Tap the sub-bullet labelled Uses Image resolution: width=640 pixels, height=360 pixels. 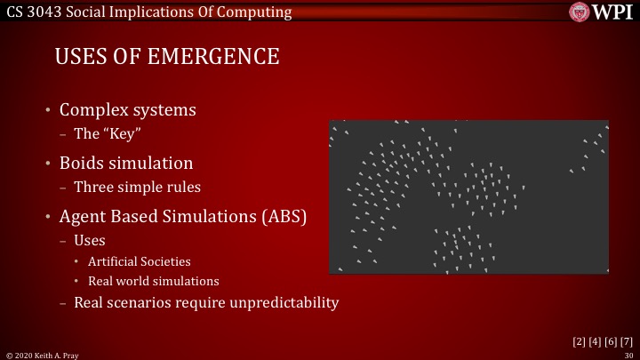pos(90,240)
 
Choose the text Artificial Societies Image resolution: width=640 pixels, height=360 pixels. pos(139,261)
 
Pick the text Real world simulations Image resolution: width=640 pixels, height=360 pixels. pos(153,281)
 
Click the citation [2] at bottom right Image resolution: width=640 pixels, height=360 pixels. pos(578,340)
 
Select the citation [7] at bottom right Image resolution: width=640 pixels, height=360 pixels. pos(627,340)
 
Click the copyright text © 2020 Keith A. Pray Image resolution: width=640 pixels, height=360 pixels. pos(43,354)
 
